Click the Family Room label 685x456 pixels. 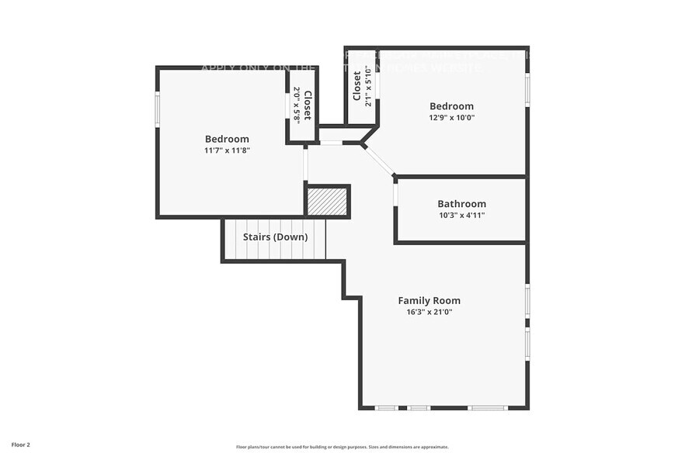click(429, 300)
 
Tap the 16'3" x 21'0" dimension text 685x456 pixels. click(429, 312)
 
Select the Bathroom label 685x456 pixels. click(461, 204)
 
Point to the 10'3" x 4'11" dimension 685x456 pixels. click(461, 216)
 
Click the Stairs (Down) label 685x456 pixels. click(275, 237)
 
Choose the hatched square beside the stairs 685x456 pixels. click(327, 202)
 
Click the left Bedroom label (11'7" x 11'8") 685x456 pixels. click(227, 139)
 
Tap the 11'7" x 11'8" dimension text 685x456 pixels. click(227, 150)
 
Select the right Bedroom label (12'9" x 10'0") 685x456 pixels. click(451, 106)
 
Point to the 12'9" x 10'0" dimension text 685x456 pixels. click(451, 118)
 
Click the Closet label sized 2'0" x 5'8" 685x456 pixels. click(308, 105)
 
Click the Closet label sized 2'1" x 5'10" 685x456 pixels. click(357, 86)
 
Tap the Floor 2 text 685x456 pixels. click(21, 445)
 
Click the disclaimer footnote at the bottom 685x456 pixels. click(342, 447)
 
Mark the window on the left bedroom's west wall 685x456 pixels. click(158, 109)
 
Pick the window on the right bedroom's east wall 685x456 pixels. click(527, 89)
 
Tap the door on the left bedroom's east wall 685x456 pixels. click(305, 164)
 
